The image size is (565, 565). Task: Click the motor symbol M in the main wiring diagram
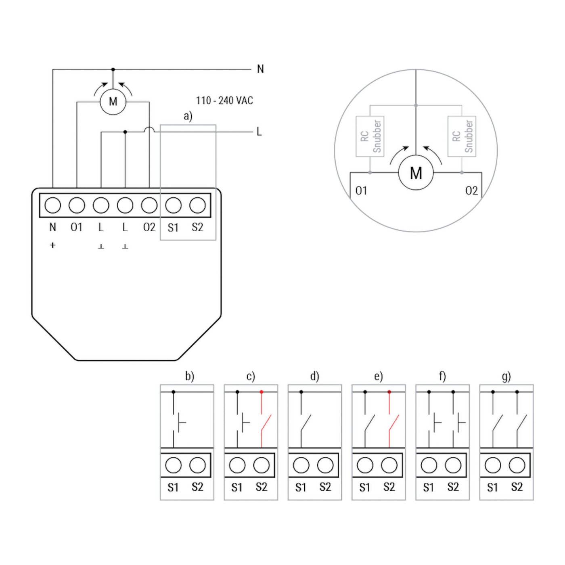click(x=113, y=102)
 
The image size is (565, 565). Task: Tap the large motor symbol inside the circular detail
click(x=416, y=173)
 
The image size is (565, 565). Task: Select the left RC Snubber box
click(x=370, y=136)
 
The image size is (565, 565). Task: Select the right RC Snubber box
click(x=462, y=136)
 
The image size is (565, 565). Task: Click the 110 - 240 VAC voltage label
click(x=224, y=100)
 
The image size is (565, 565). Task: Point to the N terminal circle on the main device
click(x=52, y=205)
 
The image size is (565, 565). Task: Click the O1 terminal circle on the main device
click(x=77, y=205)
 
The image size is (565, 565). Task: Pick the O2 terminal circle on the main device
click(x=149, y=205)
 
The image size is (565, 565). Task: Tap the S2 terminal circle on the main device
click(x=197, y=205)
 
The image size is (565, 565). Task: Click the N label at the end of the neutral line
click(x=260, y=69)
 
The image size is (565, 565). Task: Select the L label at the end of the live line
click(x=259, y=132)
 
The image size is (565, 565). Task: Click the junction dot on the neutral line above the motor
click(x=113, y=69)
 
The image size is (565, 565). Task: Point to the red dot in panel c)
click(x=262, y=392)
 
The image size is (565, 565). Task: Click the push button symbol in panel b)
click(x=178, y=423)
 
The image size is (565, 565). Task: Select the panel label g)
click(x=506, y=377)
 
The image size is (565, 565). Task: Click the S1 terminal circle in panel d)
click(x=301, y=465)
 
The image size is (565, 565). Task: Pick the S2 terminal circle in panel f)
click(x=453, y=465)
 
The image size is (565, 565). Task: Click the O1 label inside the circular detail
click(x=361, y=190)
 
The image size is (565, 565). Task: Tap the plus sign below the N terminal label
click(x=52, y=245)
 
